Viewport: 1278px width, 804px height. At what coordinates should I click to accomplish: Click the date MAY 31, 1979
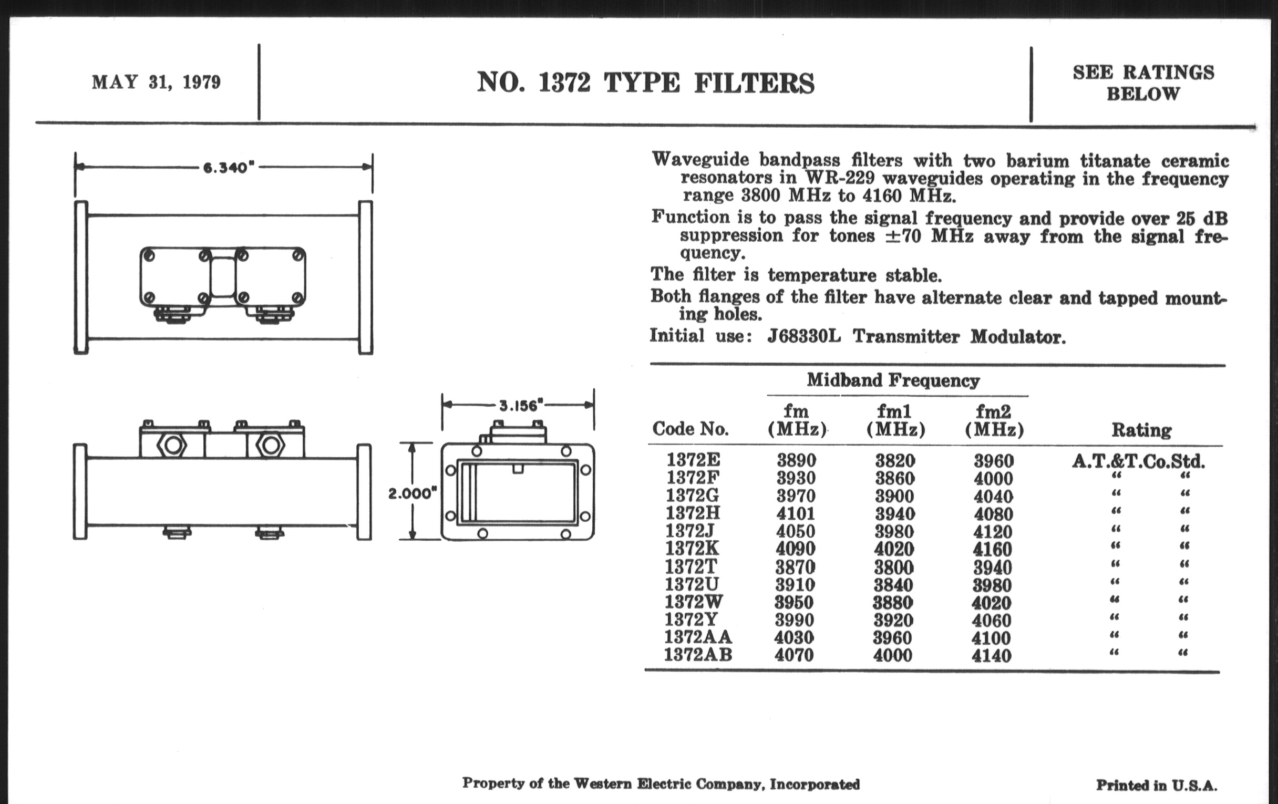point(156,83)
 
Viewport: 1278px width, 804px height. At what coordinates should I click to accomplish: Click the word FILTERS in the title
point(754,84)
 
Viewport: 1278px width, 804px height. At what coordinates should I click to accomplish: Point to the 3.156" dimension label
point(521,406)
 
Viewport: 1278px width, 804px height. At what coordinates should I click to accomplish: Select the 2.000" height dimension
point(412,493)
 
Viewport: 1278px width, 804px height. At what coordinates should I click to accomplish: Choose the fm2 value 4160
point(993,549)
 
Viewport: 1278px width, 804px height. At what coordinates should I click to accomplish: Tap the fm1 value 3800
point(894,568)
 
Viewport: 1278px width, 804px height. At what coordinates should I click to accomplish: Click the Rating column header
point(1141,430)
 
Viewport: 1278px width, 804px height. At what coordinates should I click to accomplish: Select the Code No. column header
point(690,428)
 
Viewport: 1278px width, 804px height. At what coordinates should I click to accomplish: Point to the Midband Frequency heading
point(893,380)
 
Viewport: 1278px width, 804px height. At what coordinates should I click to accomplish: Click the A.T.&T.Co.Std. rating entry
point(1139,461)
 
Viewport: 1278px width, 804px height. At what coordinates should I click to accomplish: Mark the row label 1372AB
point(698,655)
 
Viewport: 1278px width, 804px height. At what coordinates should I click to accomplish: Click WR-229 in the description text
point(840,177)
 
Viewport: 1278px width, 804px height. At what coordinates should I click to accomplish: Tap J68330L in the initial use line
point(804,336)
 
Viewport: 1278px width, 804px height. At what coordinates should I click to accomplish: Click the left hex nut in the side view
point(172,445)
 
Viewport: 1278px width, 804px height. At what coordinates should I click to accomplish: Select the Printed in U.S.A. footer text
point(1157,785)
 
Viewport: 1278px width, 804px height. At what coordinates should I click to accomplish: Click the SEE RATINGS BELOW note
point(1143,84)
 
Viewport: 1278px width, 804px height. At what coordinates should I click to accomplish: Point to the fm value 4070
point(794,655)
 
